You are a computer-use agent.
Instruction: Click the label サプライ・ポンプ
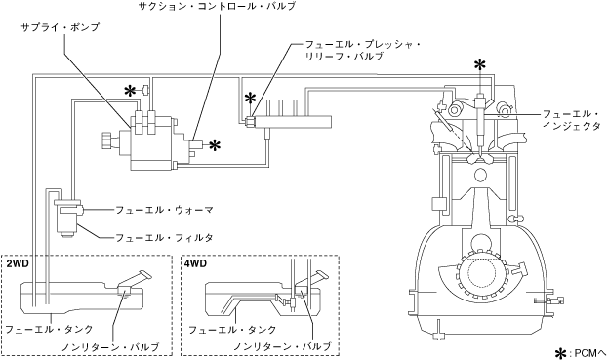click(61, 27)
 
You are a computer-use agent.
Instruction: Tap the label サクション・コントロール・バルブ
click(217, 6)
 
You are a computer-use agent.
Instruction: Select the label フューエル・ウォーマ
click(164, 210)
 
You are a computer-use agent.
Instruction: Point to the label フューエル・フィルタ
click(164, 237)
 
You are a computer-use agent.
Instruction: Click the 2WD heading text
click(15, 263)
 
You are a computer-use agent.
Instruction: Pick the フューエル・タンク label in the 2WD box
click(49, 329)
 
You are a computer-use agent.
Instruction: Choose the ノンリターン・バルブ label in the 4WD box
click(282, 346)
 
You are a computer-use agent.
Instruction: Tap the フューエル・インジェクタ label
click(572, 120)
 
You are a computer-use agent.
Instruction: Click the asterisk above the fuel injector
click(480, 64)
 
